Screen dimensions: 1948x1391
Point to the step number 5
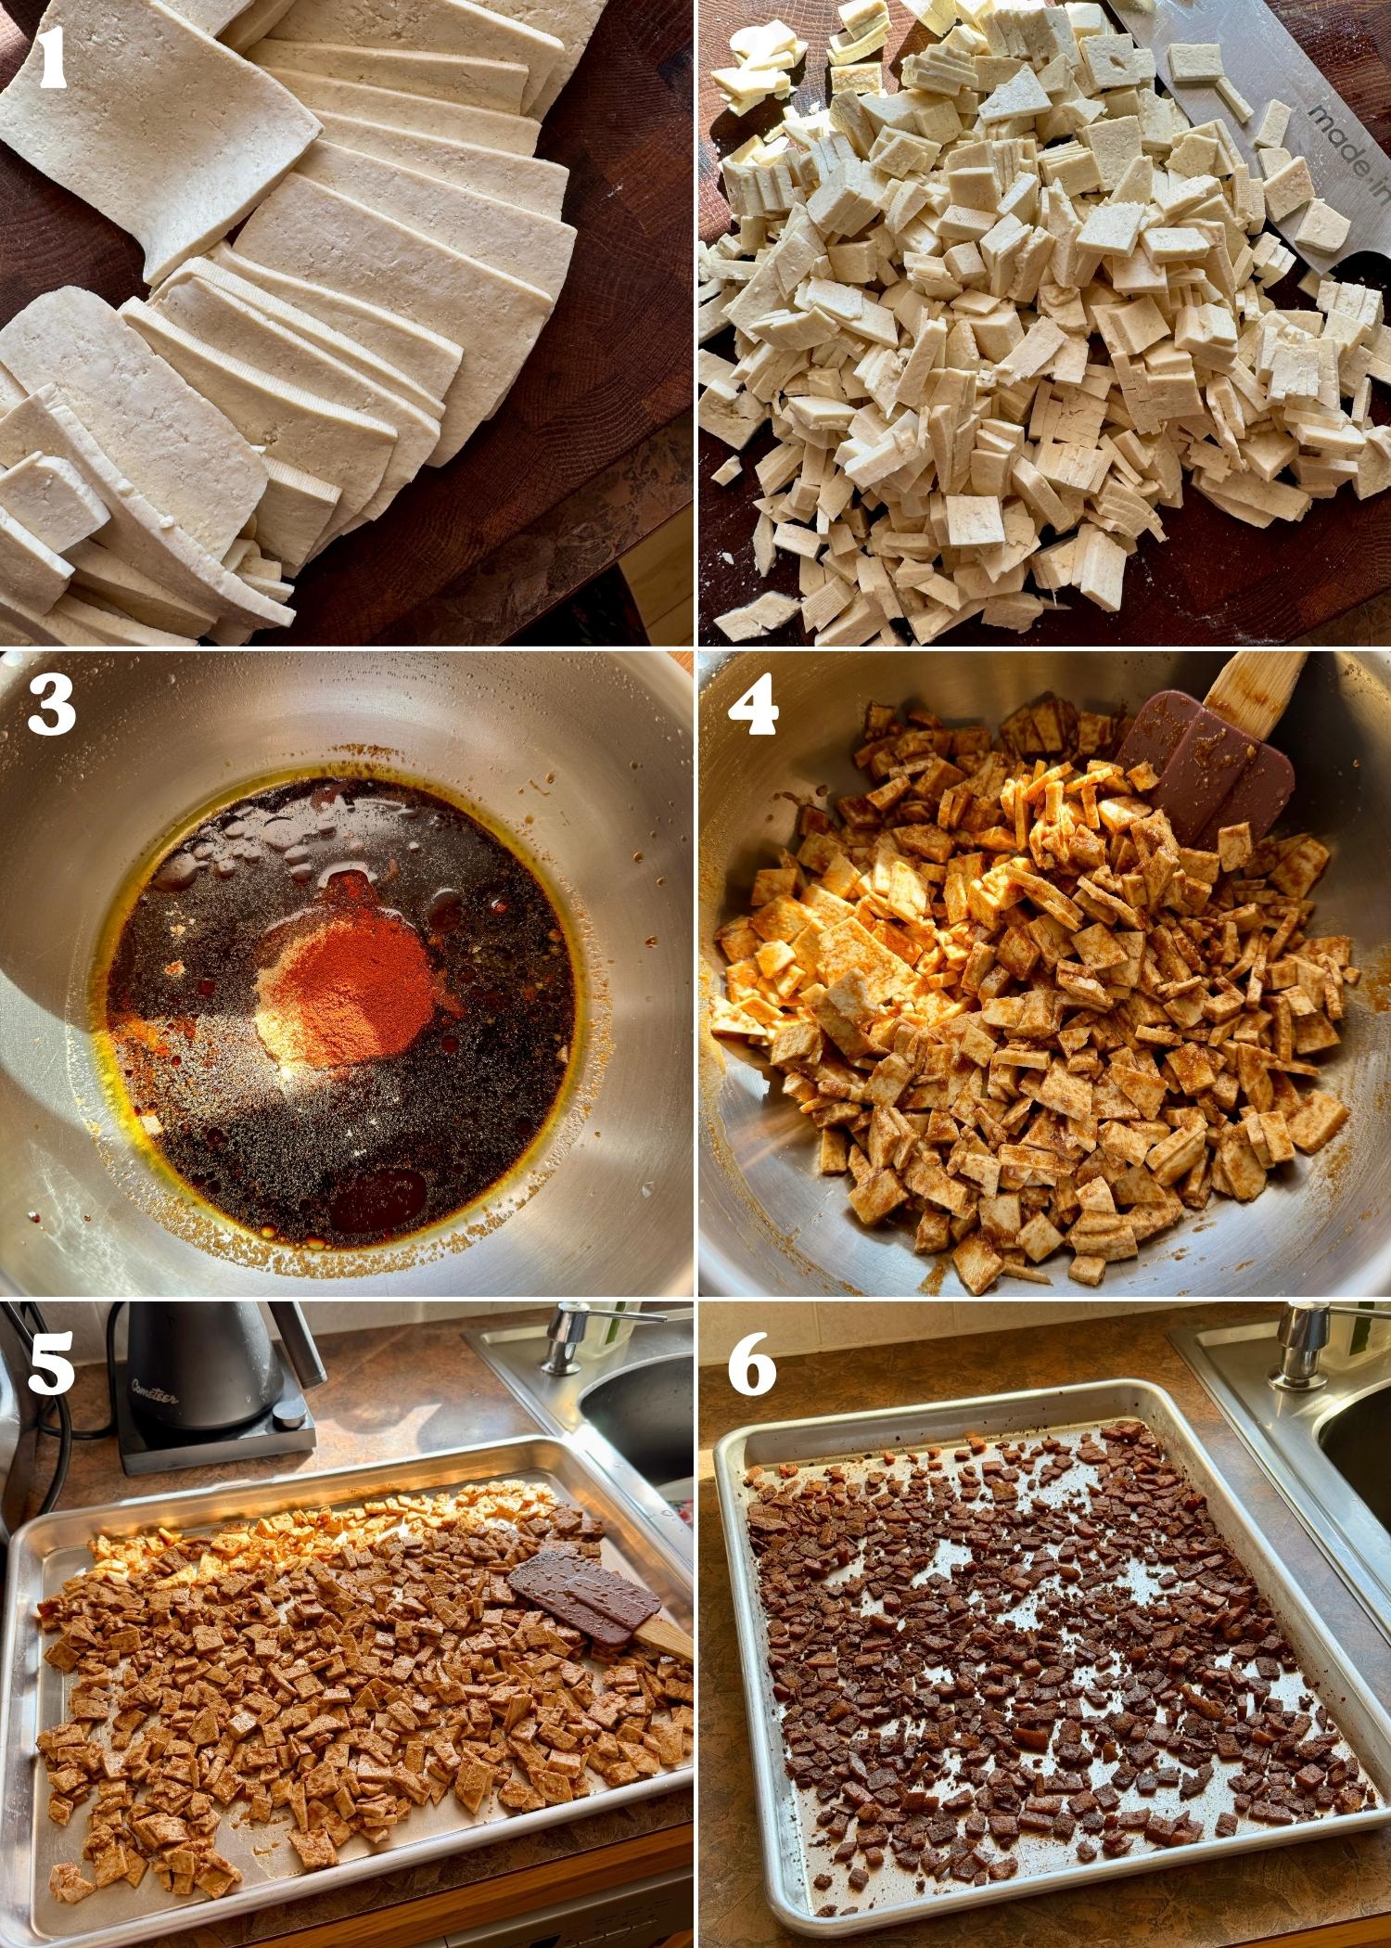tap(51, 1363)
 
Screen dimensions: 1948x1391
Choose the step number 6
tap(751, 1363)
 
